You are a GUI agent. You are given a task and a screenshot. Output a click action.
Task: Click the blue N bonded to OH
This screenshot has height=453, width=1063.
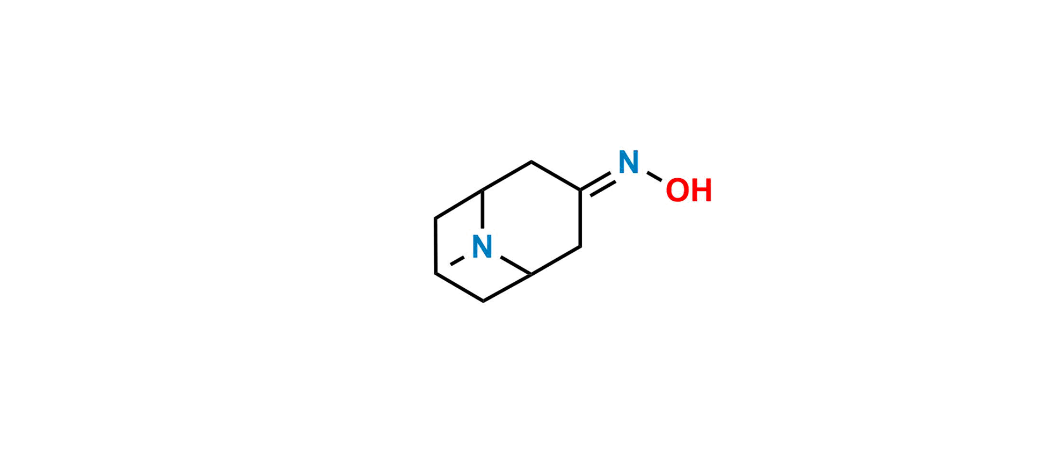[629, 162]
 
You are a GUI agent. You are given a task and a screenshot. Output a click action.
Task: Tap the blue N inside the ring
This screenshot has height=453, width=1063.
[482, 247]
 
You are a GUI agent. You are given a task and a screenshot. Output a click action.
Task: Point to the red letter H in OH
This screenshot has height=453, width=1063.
[701, 190]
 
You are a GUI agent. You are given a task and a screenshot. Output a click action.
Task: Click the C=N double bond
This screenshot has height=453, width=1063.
[598, 184]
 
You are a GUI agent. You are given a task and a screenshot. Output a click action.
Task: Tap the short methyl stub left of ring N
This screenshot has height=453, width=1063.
[457, 261]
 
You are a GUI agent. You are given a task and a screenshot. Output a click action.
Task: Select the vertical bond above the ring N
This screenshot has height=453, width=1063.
[483, 209]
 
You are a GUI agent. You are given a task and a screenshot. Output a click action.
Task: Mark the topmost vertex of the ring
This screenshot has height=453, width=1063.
[531, 160]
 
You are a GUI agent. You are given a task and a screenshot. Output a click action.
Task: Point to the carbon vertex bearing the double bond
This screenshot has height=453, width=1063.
[580, 190]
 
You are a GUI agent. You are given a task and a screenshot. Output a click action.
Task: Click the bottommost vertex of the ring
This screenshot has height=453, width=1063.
[484, 301]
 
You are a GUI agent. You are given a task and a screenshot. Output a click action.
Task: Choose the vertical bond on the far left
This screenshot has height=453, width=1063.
[435, 245]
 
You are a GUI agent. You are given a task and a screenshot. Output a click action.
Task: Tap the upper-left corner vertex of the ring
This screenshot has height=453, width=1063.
[435, 217]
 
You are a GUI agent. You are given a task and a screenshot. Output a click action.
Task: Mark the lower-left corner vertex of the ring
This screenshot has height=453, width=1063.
[435, 272]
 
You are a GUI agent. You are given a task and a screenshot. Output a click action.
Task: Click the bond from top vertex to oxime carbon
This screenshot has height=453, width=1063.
[556, 175]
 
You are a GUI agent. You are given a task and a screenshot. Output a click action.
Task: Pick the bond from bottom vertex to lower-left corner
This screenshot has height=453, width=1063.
[460, 287]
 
